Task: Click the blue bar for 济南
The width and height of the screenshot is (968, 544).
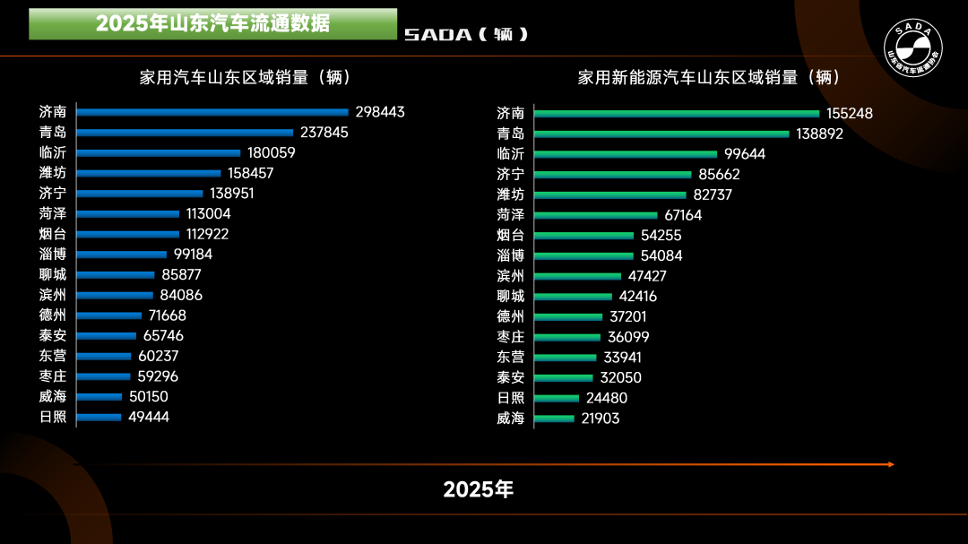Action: tap(212, 112)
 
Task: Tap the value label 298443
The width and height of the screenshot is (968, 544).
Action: tap(380, 112)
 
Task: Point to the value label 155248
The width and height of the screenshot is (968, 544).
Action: tap(850, 114)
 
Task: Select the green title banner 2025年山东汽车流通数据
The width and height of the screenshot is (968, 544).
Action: tap(212, 24)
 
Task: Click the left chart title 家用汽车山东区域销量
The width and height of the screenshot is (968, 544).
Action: tap(245, 77)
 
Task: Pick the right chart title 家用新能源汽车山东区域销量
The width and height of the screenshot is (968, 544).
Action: tap(708, 77)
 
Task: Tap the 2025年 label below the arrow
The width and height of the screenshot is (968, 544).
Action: tap(479, 489)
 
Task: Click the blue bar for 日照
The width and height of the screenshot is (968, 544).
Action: tap(99, 417)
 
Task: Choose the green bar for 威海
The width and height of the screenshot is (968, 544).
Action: tap(554, 419)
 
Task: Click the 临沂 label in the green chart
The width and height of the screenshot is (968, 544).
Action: tap(510, 154)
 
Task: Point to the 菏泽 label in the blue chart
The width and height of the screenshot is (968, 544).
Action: tap(53, 213)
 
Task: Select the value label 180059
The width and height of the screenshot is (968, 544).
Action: tap(272, 153)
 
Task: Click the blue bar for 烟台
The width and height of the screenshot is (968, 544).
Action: tap(128, 234)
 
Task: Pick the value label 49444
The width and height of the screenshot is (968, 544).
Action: tap(148, 417)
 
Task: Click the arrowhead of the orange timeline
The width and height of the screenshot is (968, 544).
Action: tap(891, 464)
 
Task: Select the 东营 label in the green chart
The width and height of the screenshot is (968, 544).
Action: tap(510, 357)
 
